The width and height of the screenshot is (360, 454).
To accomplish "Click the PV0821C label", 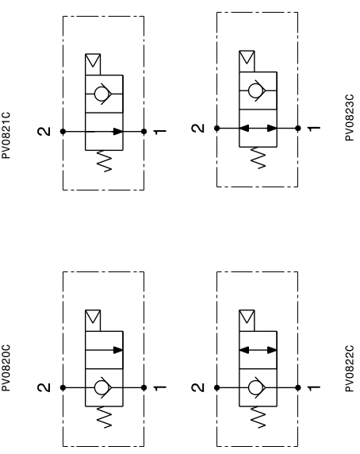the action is point(6,135).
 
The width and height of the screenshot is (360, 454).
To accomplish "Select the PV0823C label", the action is point(350,117).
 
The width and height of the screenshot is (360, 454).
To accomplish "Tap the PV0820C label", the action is point(6,367).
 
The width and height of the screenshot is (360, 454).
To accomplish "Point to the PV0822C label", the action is point(350,368).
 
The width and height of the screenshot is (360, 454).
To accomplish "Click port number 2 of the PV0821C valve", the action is point(44,132).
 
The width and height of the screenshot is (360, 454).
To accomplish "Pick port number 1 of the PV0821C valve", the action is point(160,132).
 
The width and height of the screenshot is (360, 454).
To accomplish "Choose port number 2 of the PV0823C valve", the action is point(198,129).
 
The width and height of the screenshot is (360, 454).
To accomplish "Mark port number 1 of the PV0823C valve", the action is point(314,129).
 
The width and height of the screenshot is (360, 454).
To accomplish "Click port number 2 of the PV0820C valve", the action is point(44,387).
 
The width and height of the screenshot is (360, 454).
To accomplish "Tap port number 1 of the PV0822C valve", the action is point(314,387).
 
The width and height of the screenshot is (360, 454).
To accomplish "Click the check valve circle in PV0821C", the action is point(101,94).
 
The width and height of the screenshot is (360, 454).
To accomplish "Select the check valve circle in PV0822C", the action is point(255,387).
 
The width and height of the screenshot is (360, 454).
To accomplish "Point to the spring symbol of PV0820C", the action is point(104,417).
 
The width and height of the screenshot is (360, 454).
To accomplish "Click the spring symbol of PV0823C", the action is point(258,158).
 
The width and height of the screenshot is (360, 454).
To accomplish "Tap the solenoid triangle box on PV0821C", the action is point(93,64).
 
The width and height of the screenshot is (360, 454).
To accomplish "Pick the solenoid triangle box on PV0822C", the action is point(247,321).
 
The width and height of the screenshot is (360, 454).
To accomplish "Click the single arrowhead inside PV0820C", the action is point(118,350).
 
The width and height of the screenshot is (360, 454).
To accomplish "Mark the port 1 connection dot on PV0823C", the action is point(298,129).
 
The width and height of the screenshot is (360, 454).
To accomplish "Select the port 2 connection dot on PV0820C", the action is point(63,387).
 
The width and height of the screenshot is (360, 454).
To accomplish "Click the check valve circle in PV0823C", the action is point(255,90).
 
